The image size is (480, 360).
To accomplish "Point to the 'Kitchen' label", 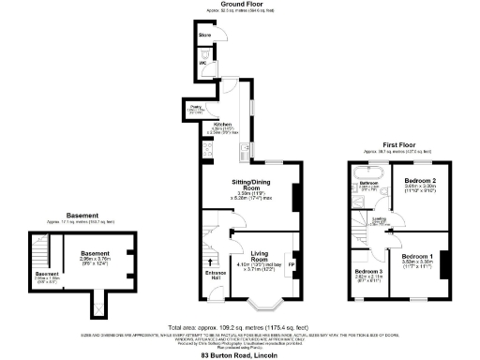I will [222, 124].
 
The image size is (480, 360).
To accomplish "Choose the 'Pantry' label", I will [196, 109].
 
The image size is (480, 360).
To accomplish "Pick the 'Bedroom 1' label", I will [417, 257].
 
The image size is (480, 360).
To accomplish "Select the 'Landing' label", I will [380, 219].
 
